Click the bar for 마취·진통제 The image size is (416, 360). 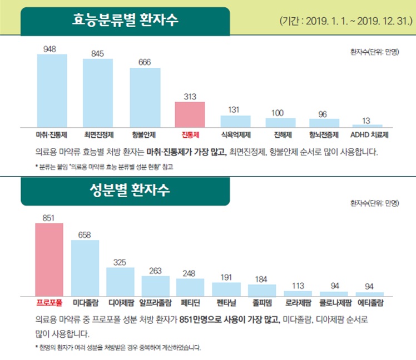click(52, 91)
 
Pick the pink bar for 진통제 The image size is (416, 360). click(190, 114)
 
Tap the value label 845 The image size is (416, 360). click(98, 53)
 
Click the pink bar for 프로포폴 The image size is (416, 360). click(49, 259)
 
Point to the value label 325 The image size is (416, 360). click(120, 262)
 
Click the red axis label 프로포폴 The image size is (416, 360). click(49, 304)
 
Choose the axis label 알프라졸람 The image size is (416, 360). click(155, 304)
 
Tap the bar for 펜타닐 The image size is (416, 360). click(226, 288)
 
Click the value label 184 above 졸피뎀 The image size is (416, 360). click(261, 278)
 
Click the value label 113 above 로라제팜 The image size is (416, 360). click(298, 286)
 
